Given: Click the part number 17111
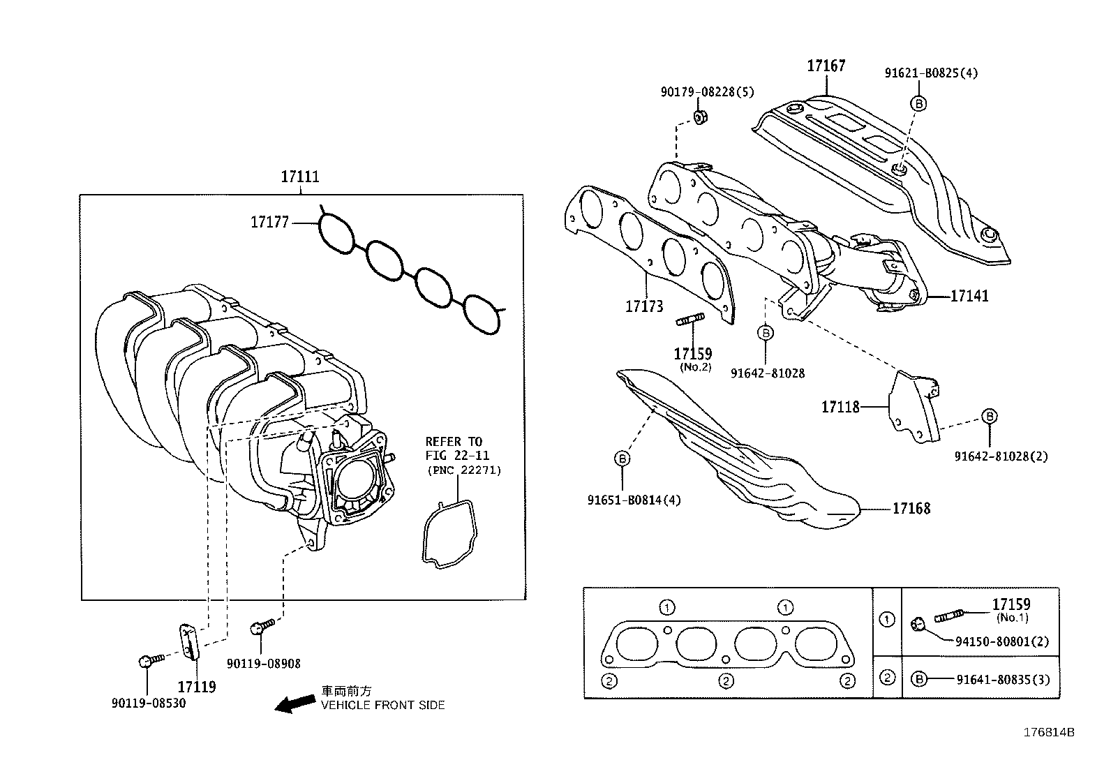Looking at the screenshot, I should point(300,177).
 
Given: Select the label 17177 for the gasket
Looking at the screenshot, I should point(269,223).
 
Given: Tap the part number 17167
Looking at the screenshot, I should point(826,66).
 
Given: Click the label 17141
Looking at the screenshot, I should point(969,296).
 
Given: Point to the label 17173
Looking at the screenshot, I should point(643,306).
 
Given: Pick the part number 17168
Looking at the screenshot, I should point(911,508).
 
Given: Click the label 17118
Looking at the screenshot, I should point(840,406).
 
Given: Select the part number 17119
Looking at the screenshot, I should point(196,687).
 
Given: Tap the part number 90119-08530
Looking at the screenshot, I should point(149,703).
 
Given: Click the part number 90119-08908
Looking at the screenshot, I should point(264,664).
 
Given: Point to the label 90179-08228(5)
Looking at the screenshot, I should point(707,92).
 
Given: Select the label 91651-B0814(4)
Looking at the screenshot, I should point(634,500).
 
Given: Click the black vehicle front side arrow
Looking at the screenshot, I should point(294,703).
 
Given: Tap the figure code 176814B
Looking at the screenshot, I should point(1048,733).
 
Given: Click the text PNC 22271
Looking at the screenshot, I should point(463,470).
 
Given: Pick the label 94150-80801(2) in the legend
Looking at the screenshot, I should point(1003,641).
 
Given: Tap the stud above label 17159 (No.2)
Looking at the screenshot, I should point(690,320).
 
